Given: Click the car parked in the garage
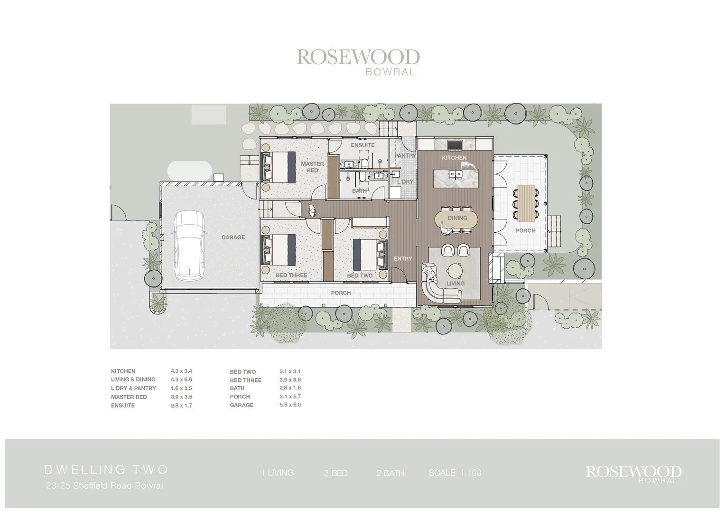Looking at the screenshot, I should click(189, 246).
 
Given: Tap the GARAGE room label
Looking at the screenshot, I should click(233, 237).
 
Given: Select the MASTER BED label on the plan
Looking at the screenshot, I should click(312, 167).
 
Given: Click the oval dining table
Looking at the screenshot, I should click(457, 218).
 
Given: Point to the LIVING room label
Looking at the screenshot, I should click(455, 283).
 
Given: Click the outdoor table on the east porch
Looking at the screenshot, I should click(525, 203).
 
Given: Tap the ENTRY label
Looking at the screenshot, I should click(403, 258).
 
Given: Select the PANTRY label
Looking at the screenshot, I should click(405, 155).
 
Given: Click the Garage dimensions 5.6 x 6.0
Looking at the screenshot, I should click(290, 405).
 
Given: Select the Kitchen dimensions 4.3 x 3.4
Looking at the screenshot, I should click(181, 371).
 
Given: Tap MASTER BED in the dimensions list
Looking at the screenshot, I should click(129, 397).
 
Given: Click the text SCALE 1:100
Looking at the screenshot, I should click(455, 473).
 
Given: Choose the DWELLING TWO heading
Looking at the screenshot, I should click(106, 469).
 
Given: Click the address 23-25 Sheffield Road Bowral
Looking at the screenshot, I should click(104, 485).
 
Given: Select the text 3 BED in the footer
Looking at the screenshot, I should click(335, 473).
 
